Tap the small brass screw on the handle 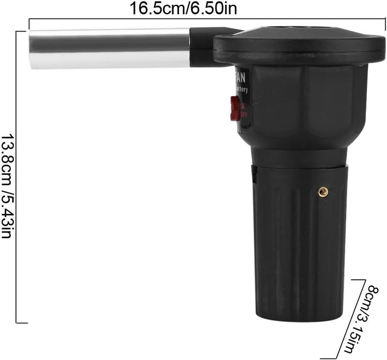pyautogui.click(x=323, y=190)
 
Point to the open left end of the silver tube pyautogui.click(x=31, y=50)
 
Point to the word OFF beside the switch pyautogui.click(x=243, y=112)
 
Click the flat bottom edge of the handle pyautogui.click(x=299, y=321)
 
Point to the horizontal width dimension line pyautogui.click(x=204, y=20)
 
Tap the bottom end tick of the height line pyautogui.click(x=21, y=323)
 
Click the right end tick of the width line pyautogui.click(x=382, y=20)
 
